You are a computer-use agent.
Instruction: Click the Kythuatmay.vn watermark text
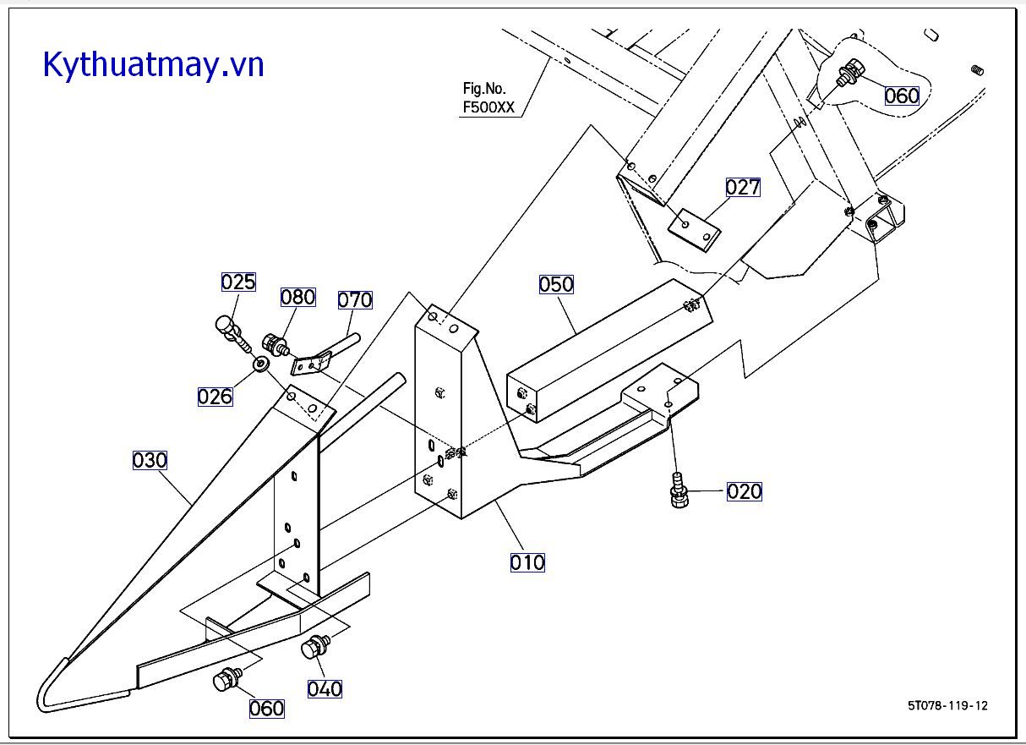click(154, 65)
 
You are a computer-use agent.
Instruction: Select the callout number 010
click(527, 562)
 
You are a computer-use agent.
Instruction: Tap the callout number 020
click(744, 491)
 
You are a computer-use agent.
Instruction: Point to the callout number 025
click(238, 282)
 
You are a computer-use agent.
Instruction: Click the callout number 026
click(215, 396)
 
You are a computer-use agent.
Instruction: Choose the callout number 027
click(743, 187)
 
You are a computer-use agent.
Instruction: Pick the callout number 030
click(150, 461)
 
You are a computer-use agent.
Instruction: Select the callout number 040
click(325, 688)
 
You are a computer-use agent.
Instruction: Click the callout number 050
click(556, 284)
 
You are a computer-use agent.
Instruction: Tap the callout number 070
click(355, 299)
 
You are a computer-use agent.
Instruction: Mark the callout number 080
click(298, 297)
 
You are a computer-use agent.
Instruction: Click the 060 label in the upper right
click(902, 96)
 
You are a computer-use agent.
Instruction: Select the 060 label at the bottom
click(266, 708)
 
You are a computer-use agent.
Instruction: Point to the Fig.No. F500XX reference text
click(488, 98)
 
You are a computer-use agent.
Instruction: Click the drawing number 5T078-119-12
click(947, 705)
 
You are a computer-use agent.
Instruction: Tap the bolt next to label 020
click(678, 491)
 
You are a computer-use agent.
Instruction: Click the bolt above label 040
click(317, 647)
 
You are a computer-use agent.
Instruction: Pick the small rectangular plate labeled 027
click(695, 228)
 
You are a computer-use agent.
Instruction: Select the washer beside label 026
click(262, 364)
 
